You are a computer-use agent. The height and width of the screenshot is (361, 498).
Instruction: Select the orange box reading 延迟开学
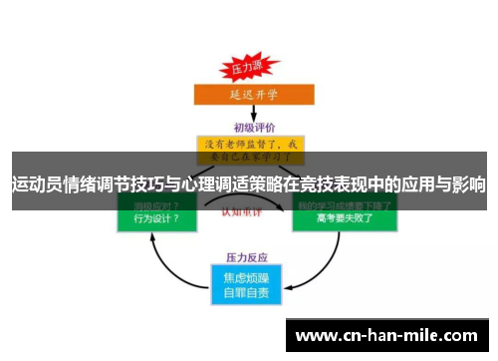click(x=249, y=95)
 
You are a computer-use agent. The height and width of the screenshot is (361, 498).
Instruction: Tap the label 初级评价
click(x=254, y=127)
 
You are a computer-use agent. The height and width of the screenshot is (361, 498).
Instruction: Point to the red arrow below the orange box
click(x=249, y=114)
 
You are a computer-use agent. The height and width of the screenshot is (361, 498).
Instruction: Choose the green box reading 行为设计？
click(x=150, y=218)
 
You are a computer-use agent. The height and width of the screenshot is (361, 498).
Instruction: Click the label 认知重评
click(x=249, y=212)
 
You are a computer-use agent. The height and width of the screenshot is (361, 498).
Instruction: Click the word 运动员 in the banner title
click(x=34, y=184)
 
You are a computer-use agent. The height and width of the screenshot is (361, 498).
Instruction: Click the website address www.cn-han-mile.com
click(x=389, y=336)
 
